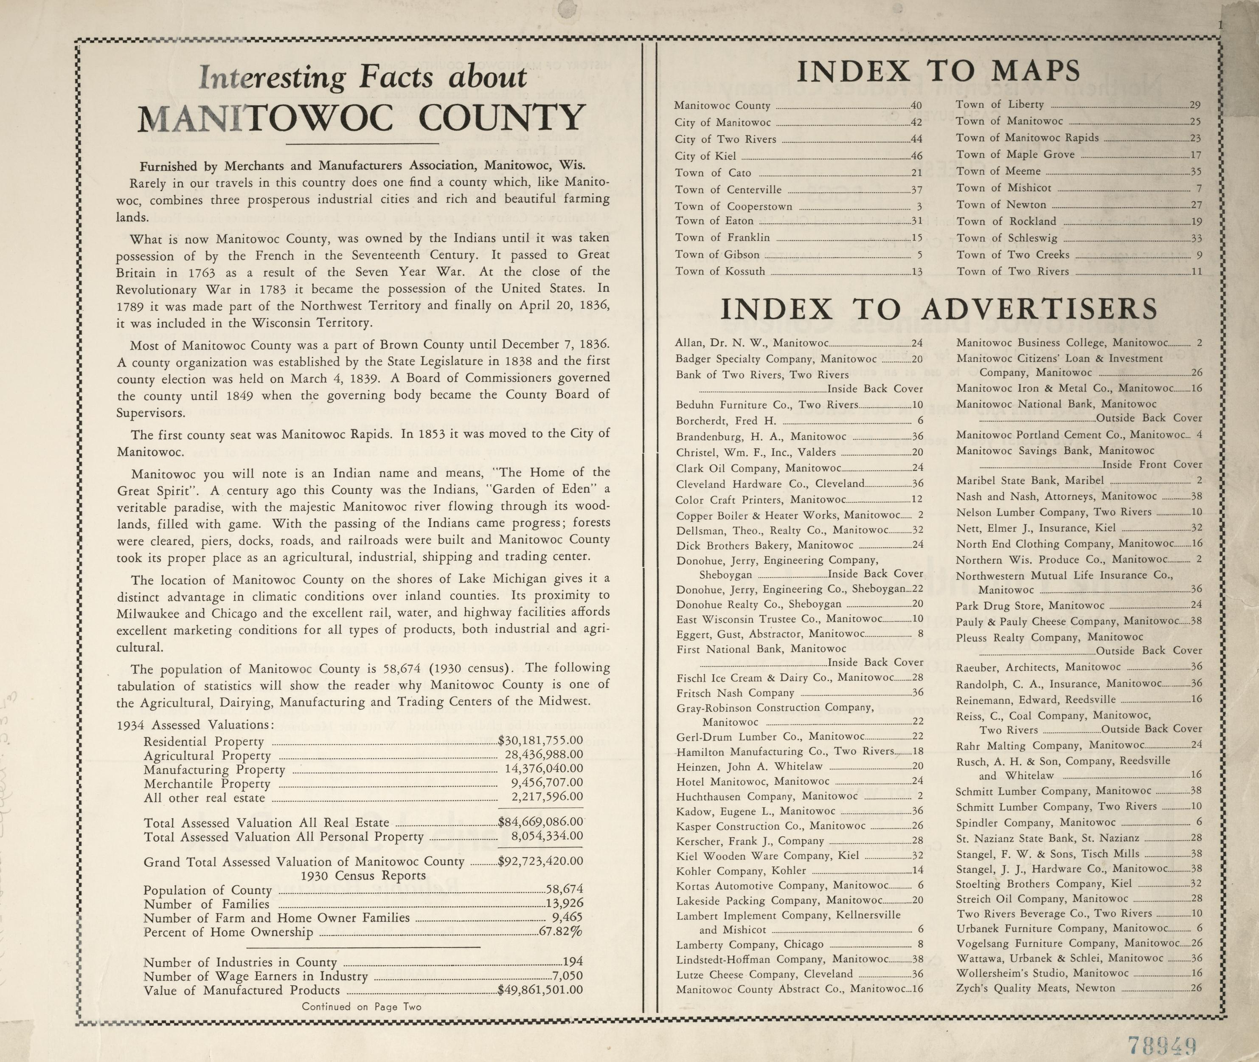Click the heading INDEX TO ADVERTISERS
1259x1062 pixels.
939,310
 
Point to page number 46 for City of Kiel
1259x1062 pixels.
916,156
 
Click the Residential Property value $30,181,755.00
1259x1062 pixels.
540,741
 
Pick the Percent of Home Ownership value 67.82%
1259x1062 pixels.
560,932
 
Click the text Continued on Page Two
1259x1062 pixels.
362,1006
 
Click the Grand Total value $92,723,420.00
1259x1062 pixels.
540,862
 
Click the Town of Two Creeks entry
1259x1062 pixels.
1013,255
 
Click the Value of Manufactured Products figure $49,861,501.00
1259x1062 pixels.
540,990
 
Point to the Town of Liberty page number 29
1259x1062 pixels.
1195,105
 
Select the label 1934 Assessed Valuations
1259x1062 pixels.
196,725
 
